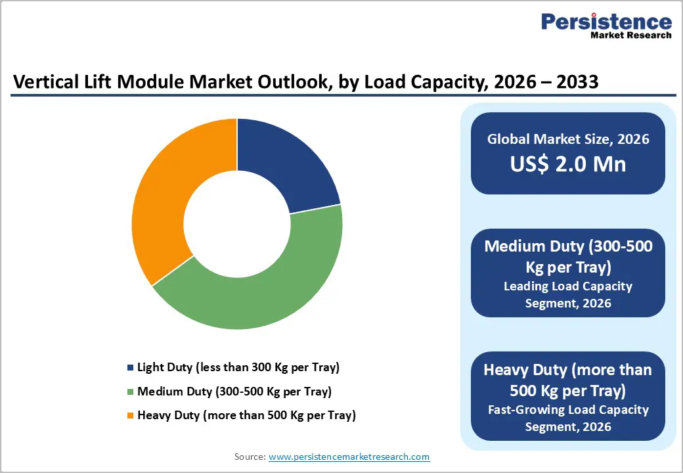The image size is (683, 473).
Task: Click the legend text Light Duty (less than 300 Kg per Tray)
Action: point(238,367)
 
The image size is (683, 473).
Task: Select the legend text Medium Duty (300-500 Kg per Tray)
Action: point(234,392)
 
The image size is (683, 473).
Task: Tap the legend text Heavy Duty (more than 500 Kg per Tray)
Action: point(246,415)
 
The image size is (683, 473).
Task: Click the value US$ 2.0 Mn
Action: point(568,164)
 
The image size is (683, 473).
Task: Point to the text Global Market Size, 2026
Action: point(568,139)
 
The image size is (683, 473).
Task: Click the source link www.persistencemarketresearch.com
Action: point(349,457)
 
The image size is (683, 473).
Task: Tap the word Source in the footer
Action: point(250,457)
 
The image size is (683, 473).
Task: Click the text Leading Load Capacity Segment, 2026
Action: point(568,294)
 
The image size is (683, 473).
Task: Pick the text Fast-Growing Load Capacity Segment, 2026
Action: point(568,418)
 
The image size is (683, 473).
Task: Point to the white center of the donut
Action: point(236,223)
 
